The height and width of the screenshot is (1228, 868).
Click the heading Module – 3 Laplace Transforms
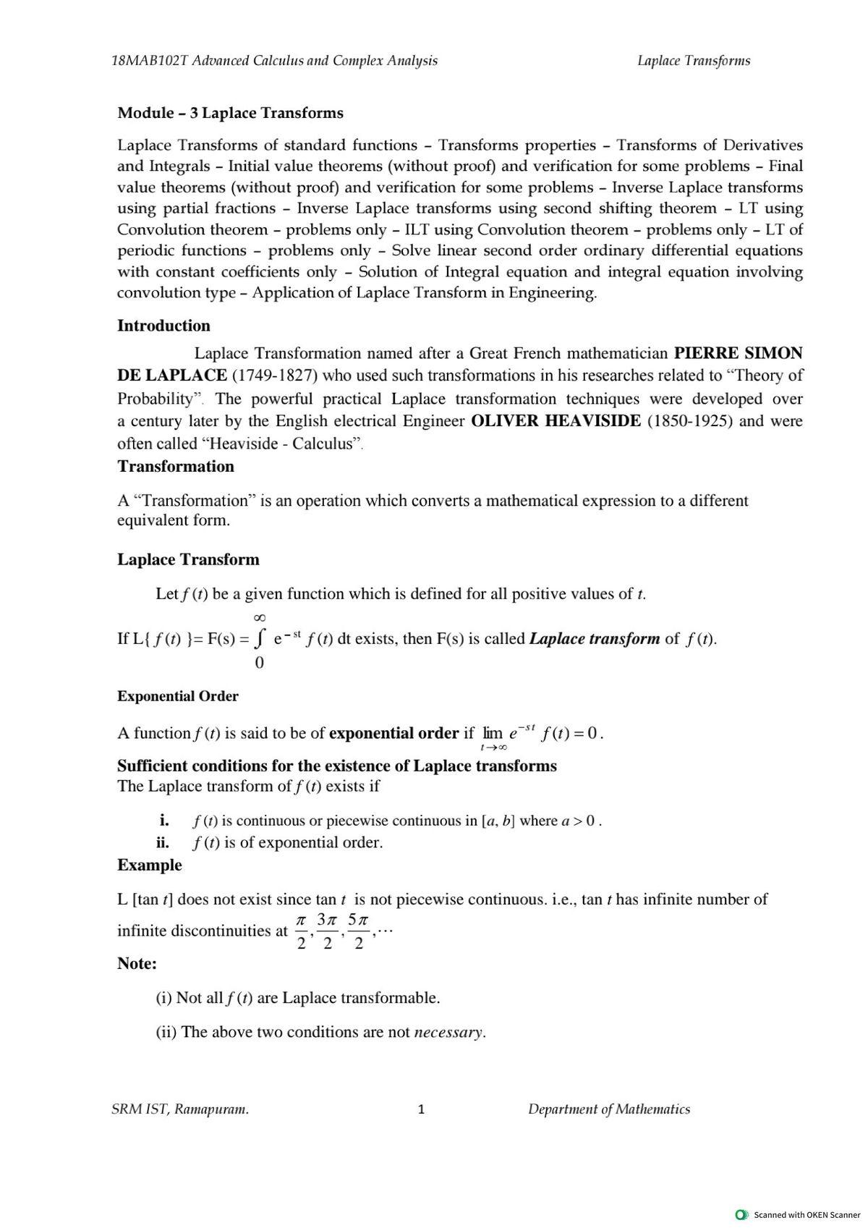click(230, 113)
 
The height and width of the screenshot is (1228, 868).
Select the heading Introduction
click(163, 326)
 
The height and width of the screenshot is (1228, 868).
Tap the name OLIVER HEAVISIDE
click(556, 421)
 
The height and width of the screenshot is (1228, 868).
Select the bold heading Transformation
click(176, 467)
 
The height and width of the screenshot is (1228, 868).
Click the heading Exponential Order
click(178, 696)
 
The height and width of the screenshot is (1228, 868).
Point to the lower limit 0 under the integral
click(260, 662)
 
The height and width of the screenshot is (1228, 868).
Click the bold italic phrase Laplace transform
click(595, 639)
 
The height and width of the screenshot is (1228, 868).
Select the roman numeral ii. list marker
click(163, 842)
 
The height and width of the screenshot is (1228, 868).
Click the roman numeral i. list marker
click(164, 821)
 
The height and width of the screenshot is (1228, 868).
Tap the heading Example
click(150, 865)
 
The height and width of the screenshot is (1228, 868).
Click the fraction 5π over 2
click(359, 931)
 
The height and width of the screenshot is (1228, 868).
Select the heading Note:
click(137, 964)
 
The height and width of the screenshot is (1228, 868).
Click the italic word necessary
click(448, 1033)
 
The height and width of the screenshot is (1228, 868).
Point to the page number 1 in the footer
click(421, 1109)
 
